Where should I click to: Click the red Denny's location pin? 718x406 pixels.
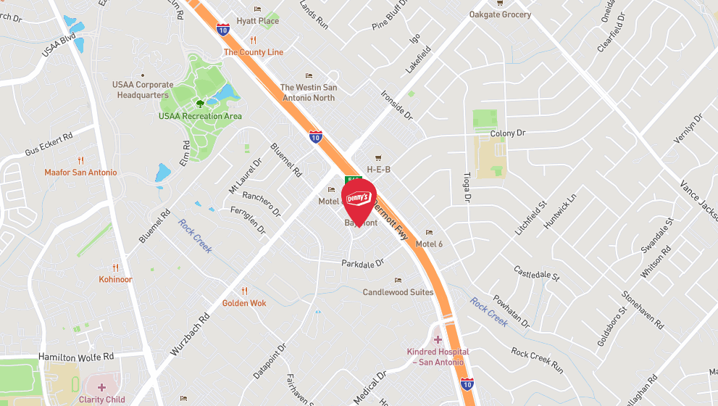coord(359,199)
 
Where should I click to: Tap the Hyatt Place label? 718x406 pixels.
coord(257,22)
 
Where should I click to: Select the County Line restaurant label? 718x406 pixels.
coord(254,52)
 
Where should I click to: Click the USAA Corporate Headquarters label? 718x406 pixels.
coord(143,90)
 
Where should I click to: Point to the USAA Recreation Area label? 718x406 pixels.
coord(200,116)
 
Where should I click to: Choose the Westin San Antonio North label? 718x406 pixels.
coord(308,93)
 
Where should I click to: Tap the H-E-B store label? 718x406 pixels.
coord(378,170)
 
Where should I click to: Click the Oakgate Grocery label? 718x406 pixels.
coord(500,14)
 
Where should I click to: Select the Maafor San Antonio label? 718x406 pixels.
coord(80,173)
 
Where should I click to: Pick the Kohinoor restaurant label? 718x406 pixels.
coord(115,279)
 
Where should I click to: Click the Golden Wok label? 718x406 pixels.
coord(244,303)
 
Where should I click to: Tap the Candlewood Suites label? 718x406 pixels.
coord(398,292)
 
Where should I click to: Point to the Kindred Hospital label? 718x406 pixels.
coord(438,357)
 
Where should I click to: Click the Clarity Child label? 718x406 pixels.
coord(101,399)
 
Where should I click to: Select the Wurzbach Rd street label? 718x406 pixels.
coord(191,333)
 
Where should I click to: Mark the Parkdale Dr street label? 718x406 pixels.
coord(362,263)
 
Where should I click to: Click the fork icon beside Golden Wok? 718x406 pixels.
coord(244,291)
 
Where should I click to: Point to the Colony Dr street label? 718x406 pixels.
coord(507,133)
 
